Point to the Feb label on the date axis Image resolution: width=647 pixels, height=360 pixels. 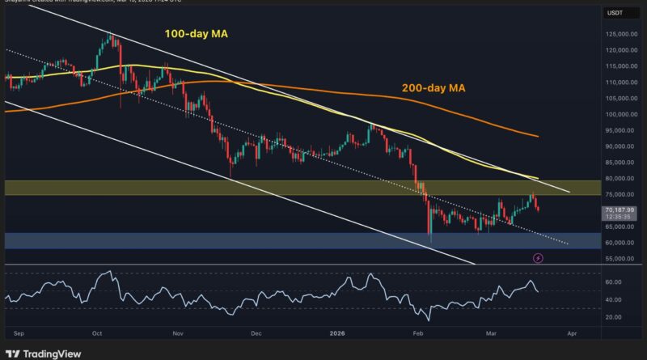(x=417, y=332)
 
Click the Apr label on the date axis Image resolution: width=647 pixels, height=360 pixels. (x=572, y=332)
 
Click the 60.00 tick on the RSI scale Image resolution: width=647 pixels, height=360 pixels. (x=613, y=282)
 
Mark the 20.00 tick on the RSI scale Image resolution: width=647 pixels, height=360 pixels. (x=613, y=316)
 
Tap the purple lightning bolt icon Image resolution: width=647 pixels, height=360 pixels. (x=539, y=258)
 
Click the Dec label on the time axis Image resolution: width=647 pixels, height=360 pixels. (x=257, y=332)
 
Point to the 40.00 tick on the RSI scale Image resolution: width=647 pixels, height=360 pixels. (x=613, y=299)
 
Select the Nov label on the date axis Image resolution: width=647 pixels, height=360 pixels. (x=178, y=332)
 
